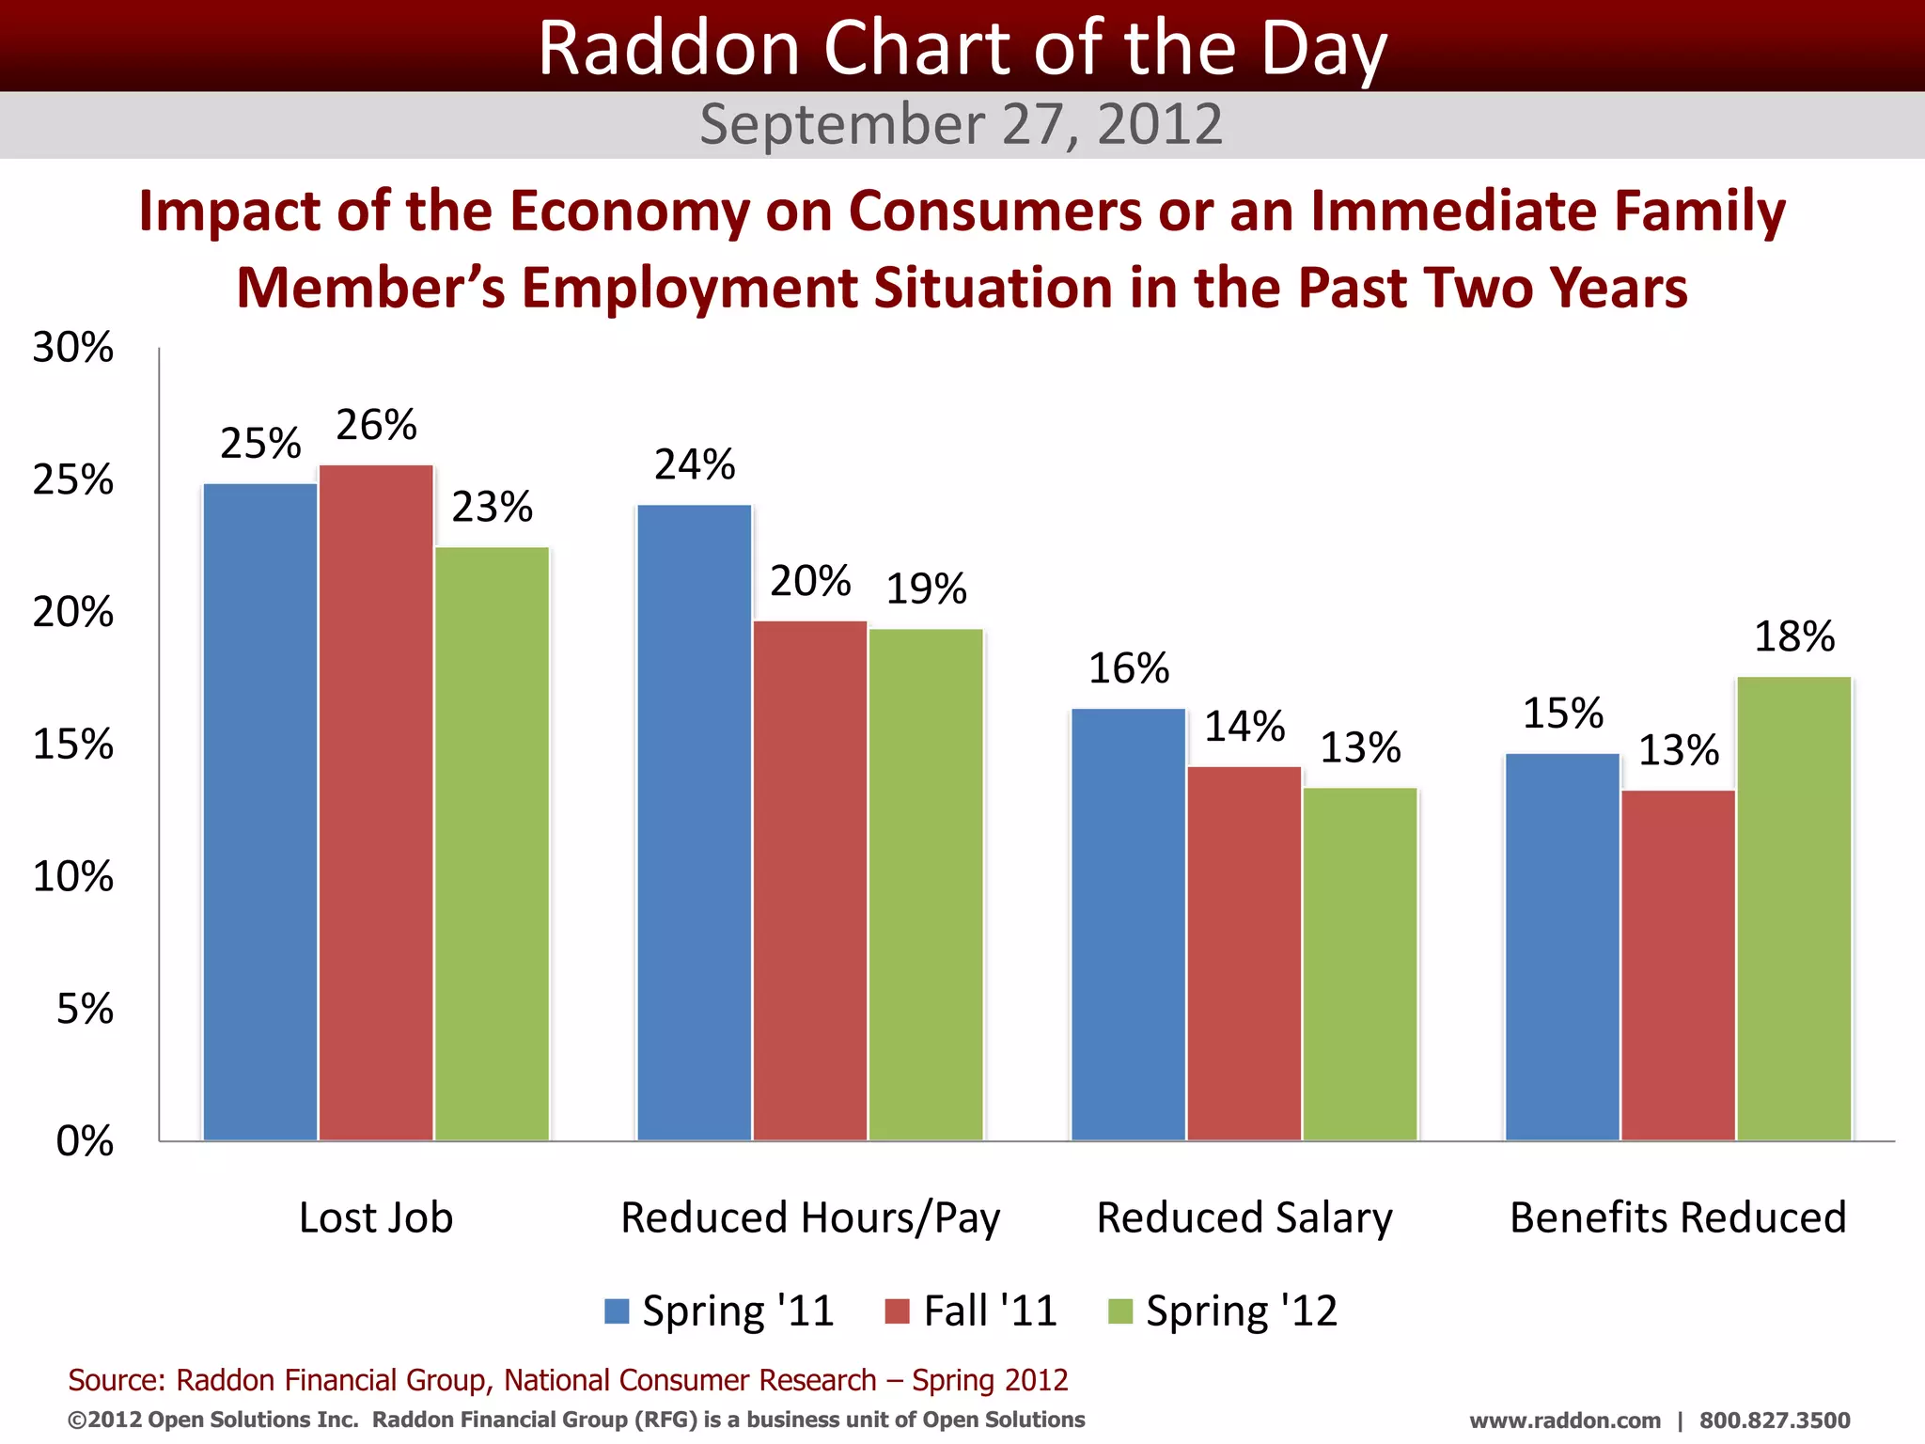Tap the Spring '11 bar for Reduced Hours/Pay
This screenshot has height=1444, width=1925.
tap(695, 823)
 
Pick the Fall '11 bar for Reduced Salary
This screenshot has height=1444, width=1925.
tap(1244, 953)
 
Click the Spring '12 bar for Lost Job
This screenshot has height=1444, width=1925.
tap(492, 843)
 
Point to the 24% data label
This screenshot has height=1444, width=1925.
tap(695, 465)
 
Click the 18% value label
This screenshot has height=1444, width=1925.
tap(1794, 637)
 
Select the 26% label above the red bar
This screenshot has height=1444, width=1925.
tap(376, 426)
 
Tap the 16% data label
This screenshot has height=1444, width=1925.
tap(1129, 669)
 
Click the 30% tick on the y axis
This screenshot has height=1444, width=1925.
tap(73, 349)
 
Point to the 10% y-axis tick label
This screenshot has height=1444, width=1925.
tap(73, 877)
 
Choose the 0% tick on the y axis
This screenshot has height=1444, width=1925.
tap(85, 1141)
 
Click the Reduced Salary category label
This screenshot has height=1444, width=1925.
tap(1244, 1218)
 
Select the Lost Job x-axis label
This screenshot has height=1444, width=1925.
tap(376, 1218)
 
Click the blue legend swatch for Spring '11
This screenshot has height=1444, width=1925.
tap(617, 1311)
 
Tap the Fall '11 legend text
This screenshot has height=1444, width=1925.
tap(991, 1311)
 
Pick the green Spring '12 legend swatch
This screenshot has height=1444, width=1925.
tap(1120, 1311)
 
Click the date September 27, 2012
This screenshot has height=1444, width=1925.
tap(962, 125)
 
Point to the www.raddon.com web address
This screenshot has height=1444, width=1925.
tap(1565, 1420)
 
